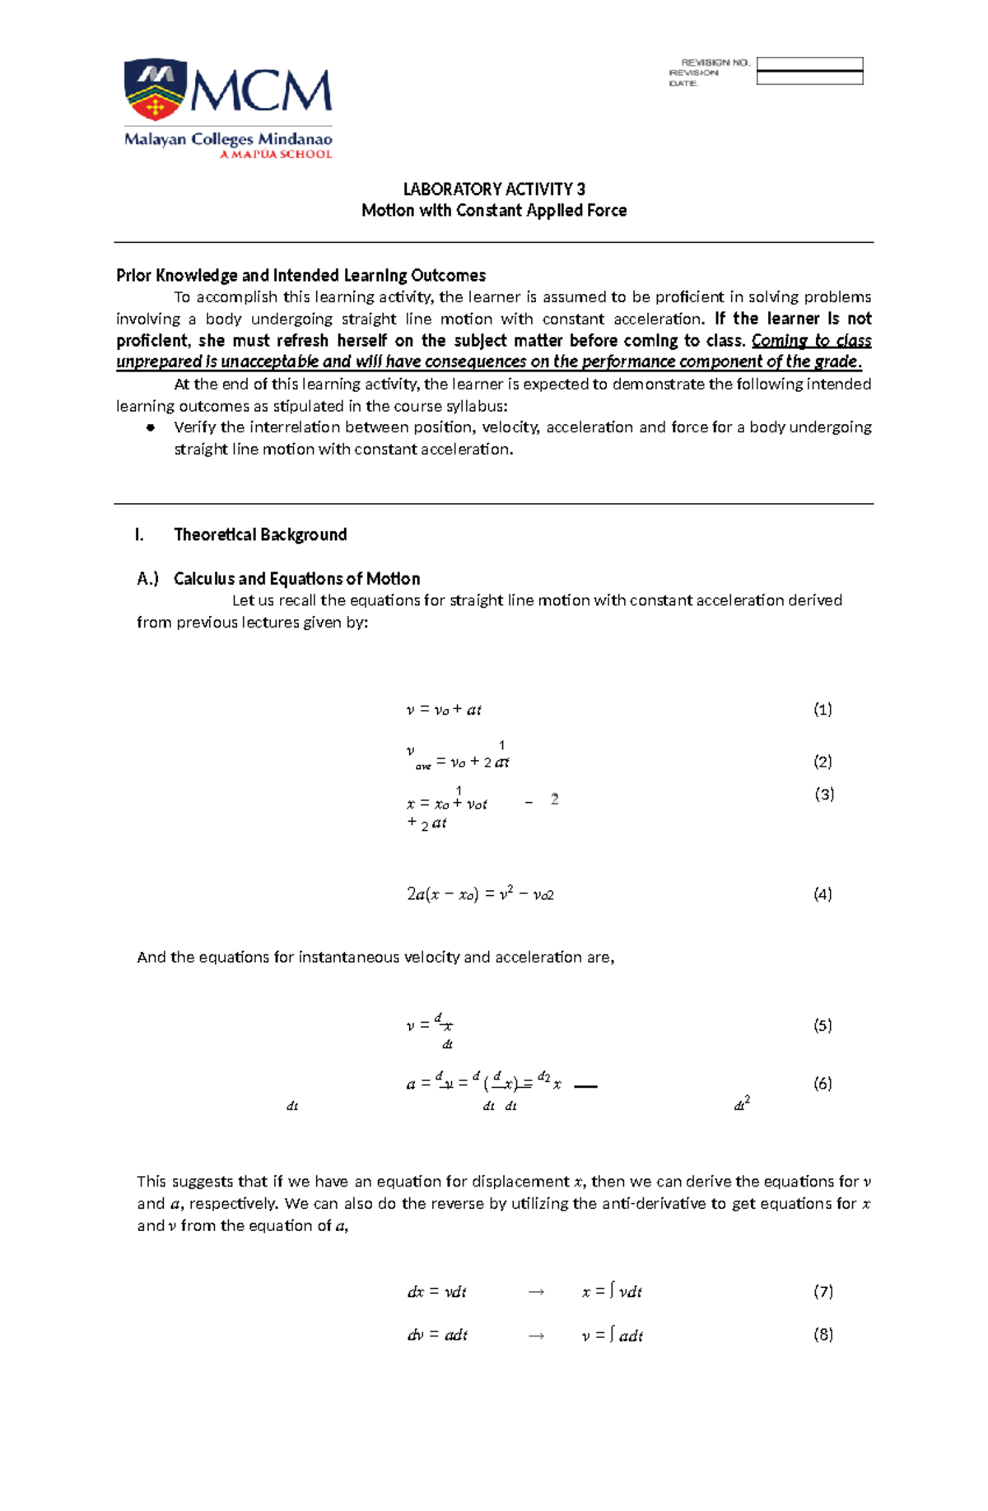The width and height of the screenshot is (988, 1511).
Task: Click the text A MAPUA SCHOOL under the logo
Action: [275, 154]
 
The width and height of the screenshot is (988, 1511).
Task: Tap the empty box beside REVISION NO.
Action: [809, 63]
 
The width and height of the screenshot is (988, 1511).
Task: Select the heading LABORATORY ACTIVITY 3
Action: [494, 189]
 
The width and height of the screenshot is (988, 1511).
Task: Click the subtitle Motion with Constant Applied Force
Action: [494, 211]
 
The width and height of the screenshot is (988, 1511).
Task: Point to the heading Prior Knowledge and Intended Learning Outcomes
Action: [301, 275]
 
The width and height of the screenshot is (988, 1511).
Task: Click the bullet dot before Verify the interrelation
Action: [151, 427]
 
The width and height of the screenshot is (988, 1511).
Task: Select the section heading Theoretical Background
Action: [260, 534]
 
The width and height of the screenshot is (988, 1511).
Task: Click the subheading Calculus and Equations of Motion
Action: [296, 579]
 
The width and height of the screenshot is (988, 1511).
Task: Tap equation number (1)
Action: [823, 709]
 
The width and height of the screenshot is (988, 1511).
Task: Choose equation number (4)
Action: [823, 893]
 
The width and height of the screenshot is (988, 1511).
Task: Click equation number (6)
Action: [823, 1083]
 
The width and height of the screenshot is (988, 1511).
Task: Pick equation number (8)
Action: [823, 1334]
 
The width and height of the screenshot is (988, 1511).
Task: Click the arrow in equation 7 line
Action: [536, 1292]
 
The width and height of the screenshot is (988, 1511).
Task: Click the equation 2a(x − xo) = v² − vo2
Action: [480, 894]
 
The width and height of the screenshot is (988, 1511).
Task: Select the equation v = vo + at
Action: [444, 710]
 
